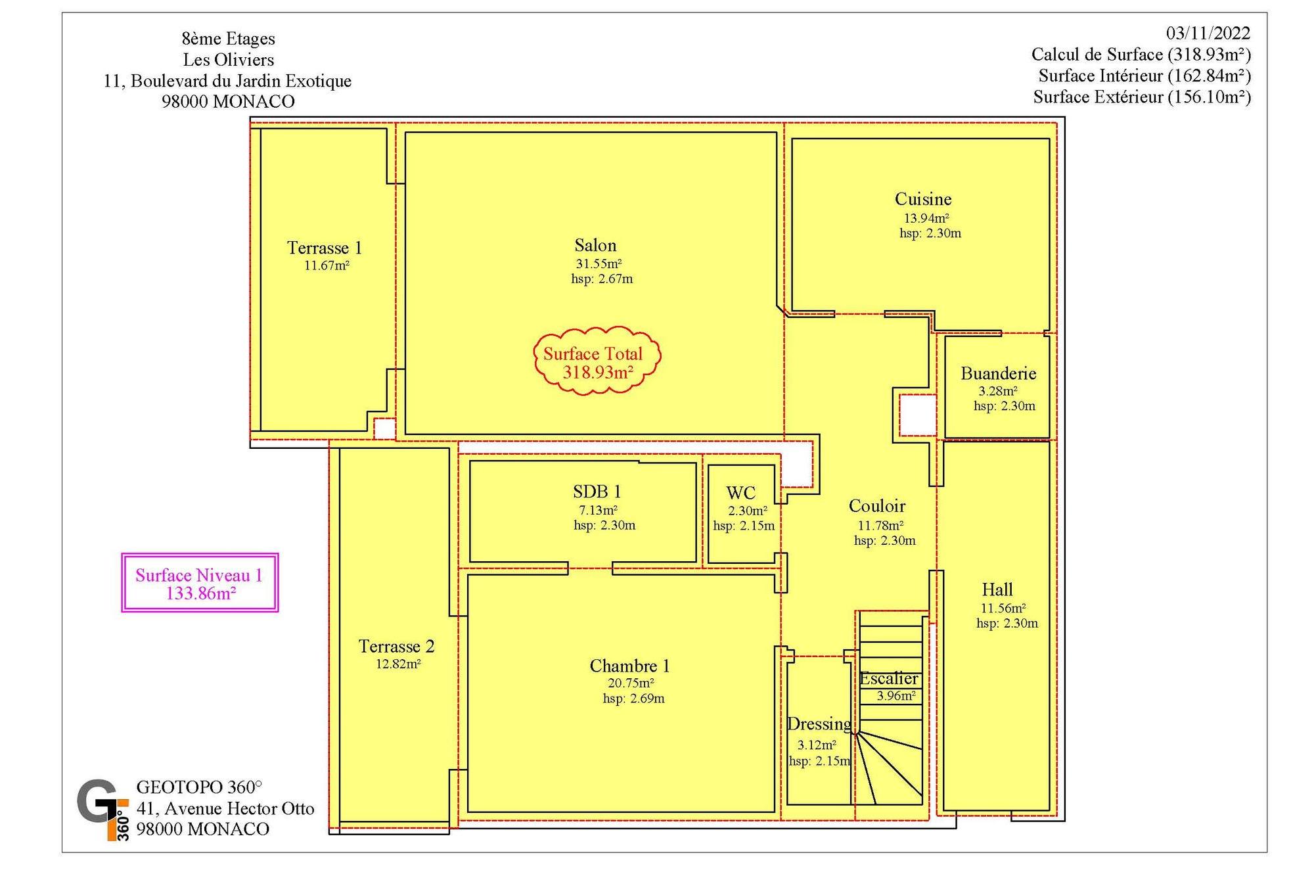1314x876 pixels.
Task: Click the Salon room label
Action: click(x=595, y=246)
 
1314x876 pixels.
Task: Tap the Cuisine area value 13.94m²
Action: click(x=926, y=218)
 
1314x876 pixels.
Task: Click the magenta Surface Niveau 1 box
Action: click(x=200, y=583)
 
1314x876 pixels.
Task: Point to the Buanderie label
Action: click(x=998, y=374)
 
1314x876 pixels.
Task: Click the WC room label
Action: click(x=741, y=493)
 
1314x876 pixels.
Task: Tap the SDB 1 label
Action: click(x=597, y=492)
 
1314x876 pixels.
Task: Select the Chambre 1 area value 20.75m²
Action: click(x=631, y=683)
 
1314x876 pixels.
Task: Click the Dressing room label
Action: click(x=819, y=724)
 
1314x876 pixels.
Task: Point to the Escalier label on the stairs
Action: click(x=889, y=679)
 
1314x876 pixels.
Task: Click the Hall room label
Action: click(x=997, y=589)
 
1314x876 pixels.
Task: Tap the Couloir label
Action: click(x=877, y=506)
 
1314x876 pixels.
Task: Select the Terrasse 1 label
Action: click(x=325, y=248)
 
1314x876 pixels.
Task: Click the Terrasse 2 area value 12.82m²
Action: click(x=398, y=664)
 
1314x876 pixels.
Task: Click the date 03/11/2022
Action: click(x=1208, y=33)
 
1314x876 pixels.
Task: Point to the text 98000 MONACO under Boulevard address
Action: click(x=228, y=102)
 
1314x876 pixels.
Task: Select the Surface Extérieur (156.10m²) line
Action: click(x=1142, y=97)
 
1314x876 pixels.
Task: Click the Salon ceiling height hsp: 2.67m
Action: click(x=602, y=279)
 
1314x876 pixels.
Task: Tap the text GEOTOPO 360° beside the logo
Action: click(x=199, y=787)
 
